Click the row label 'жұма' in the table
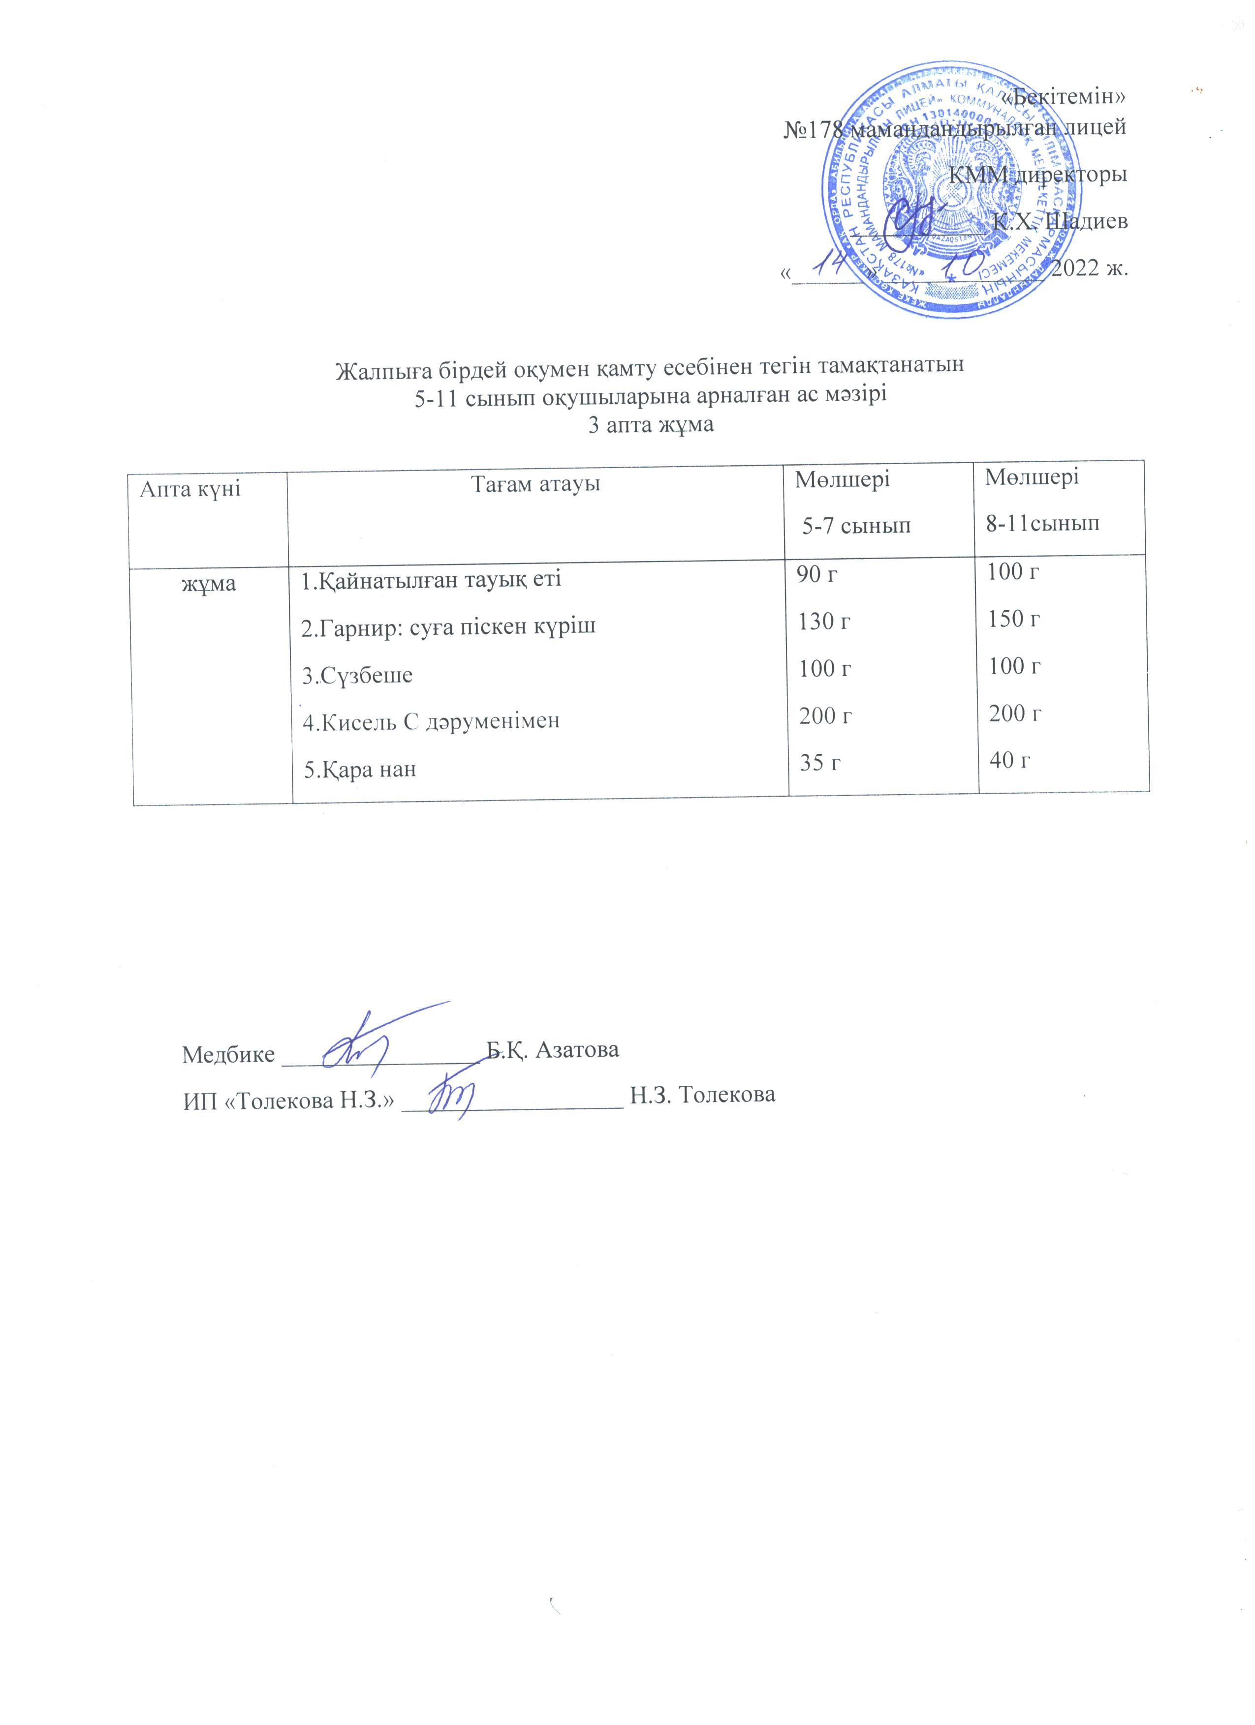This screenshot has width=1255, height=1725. click(208, 583)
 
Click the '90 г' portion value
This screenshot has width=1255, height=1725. click(816, 575)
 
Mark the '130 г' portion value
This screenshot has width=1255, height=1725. click(823, 622)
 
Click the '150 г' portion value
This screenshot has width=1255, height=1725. click(1014, 619)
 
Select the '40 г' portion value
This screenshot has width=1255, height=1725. click(1010, 759)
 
